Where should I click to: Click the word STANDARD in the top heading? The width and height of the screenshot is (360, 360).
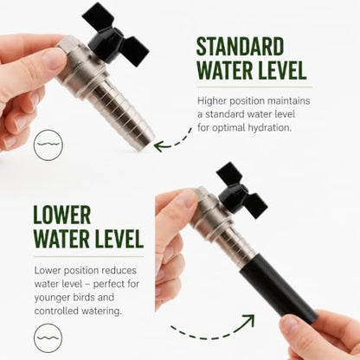[x=240, y=47]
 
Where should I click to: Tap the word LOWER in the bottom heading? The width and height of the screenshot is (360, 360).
[x=62, y=215]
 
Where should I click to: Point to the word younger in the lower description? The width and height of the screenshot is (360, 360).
[x=52, y=298]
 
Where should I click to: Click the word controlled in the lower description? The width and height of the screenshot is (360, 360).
[x=56, y=311]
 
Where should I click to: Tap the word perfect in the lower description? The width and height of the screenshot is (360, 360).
[x=109, y=284]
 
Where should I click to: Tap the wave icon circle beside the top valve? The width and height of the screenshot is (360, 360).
[x=48, y=145]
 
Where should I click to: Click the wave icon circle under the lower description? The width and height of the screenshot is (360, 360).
[x=48, y=337]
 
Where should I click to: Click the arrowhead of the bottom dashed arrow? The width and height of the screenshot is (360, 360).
[x=248, y=320]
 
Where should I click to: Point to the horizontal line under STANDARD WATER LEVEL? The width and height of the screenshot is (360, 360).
[x=254, y=87]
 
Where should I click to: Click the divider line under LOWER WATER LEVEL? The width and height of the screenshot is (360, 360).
[x=89, y=256]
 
